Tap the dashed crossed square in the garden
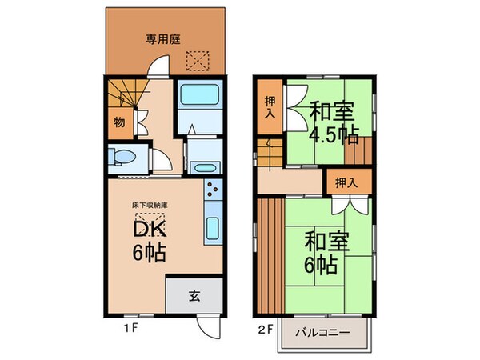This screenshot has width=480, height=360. (196, 60)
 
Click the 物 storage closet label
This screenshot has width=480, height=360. (118, 123)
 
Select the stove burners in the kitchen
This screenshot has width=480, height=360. (214, 191)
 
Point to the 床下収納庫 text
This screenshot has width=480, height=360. (150, 206)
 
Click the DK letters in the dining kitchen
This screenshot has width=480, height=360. (150, 229)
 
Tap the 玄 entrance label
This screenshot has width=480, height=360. (194, 295)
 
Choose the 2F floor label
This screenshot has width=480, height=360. (264, 328)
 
